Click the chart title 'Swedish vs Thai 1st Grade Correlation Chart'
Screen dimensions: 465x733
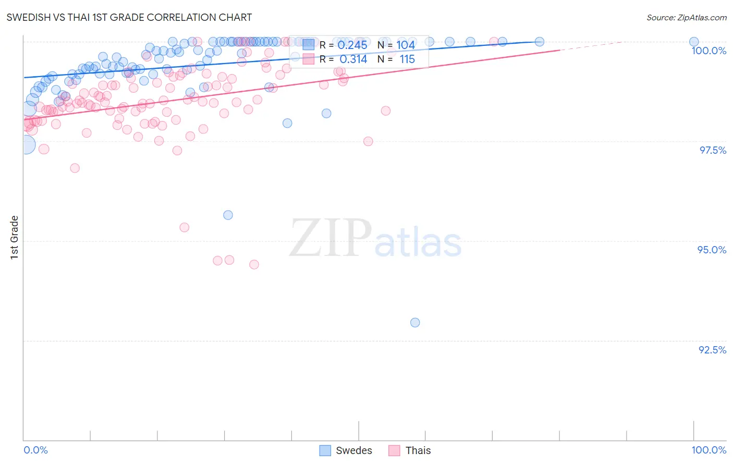129,17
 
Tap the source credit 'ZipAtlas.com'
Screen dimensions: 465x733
686,17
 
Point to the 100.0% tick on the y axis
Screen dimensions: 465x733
708,51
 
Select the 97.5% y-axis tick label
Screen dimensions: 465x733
713,150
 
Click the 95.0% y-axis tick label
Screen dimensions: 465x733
712,250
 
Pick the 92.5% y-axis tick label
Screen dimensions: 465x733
712,350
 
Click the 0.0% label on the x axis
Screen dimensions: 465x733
35,450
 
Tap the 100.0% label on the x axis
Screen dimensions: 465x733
708,450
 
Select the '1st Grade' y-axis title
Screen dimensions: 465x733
15,237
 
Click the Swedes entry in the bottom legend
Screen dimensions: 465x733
346,450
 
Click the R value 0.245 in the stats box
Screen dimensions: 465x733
352,45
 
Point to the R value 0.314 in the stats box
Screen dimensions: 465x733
353,59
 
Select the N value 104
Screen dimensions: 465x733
406,45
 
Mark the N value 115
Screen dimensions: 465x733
407,59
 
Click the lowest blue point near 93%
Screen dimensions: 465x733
415,323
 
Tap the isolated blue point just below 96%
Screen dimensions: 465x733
228,215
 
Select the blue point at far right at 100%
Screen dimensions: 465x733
694,42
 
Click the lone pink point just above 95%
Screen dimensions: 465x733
184,227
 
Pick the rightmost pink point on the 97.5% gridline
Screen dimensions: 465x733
368,141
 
